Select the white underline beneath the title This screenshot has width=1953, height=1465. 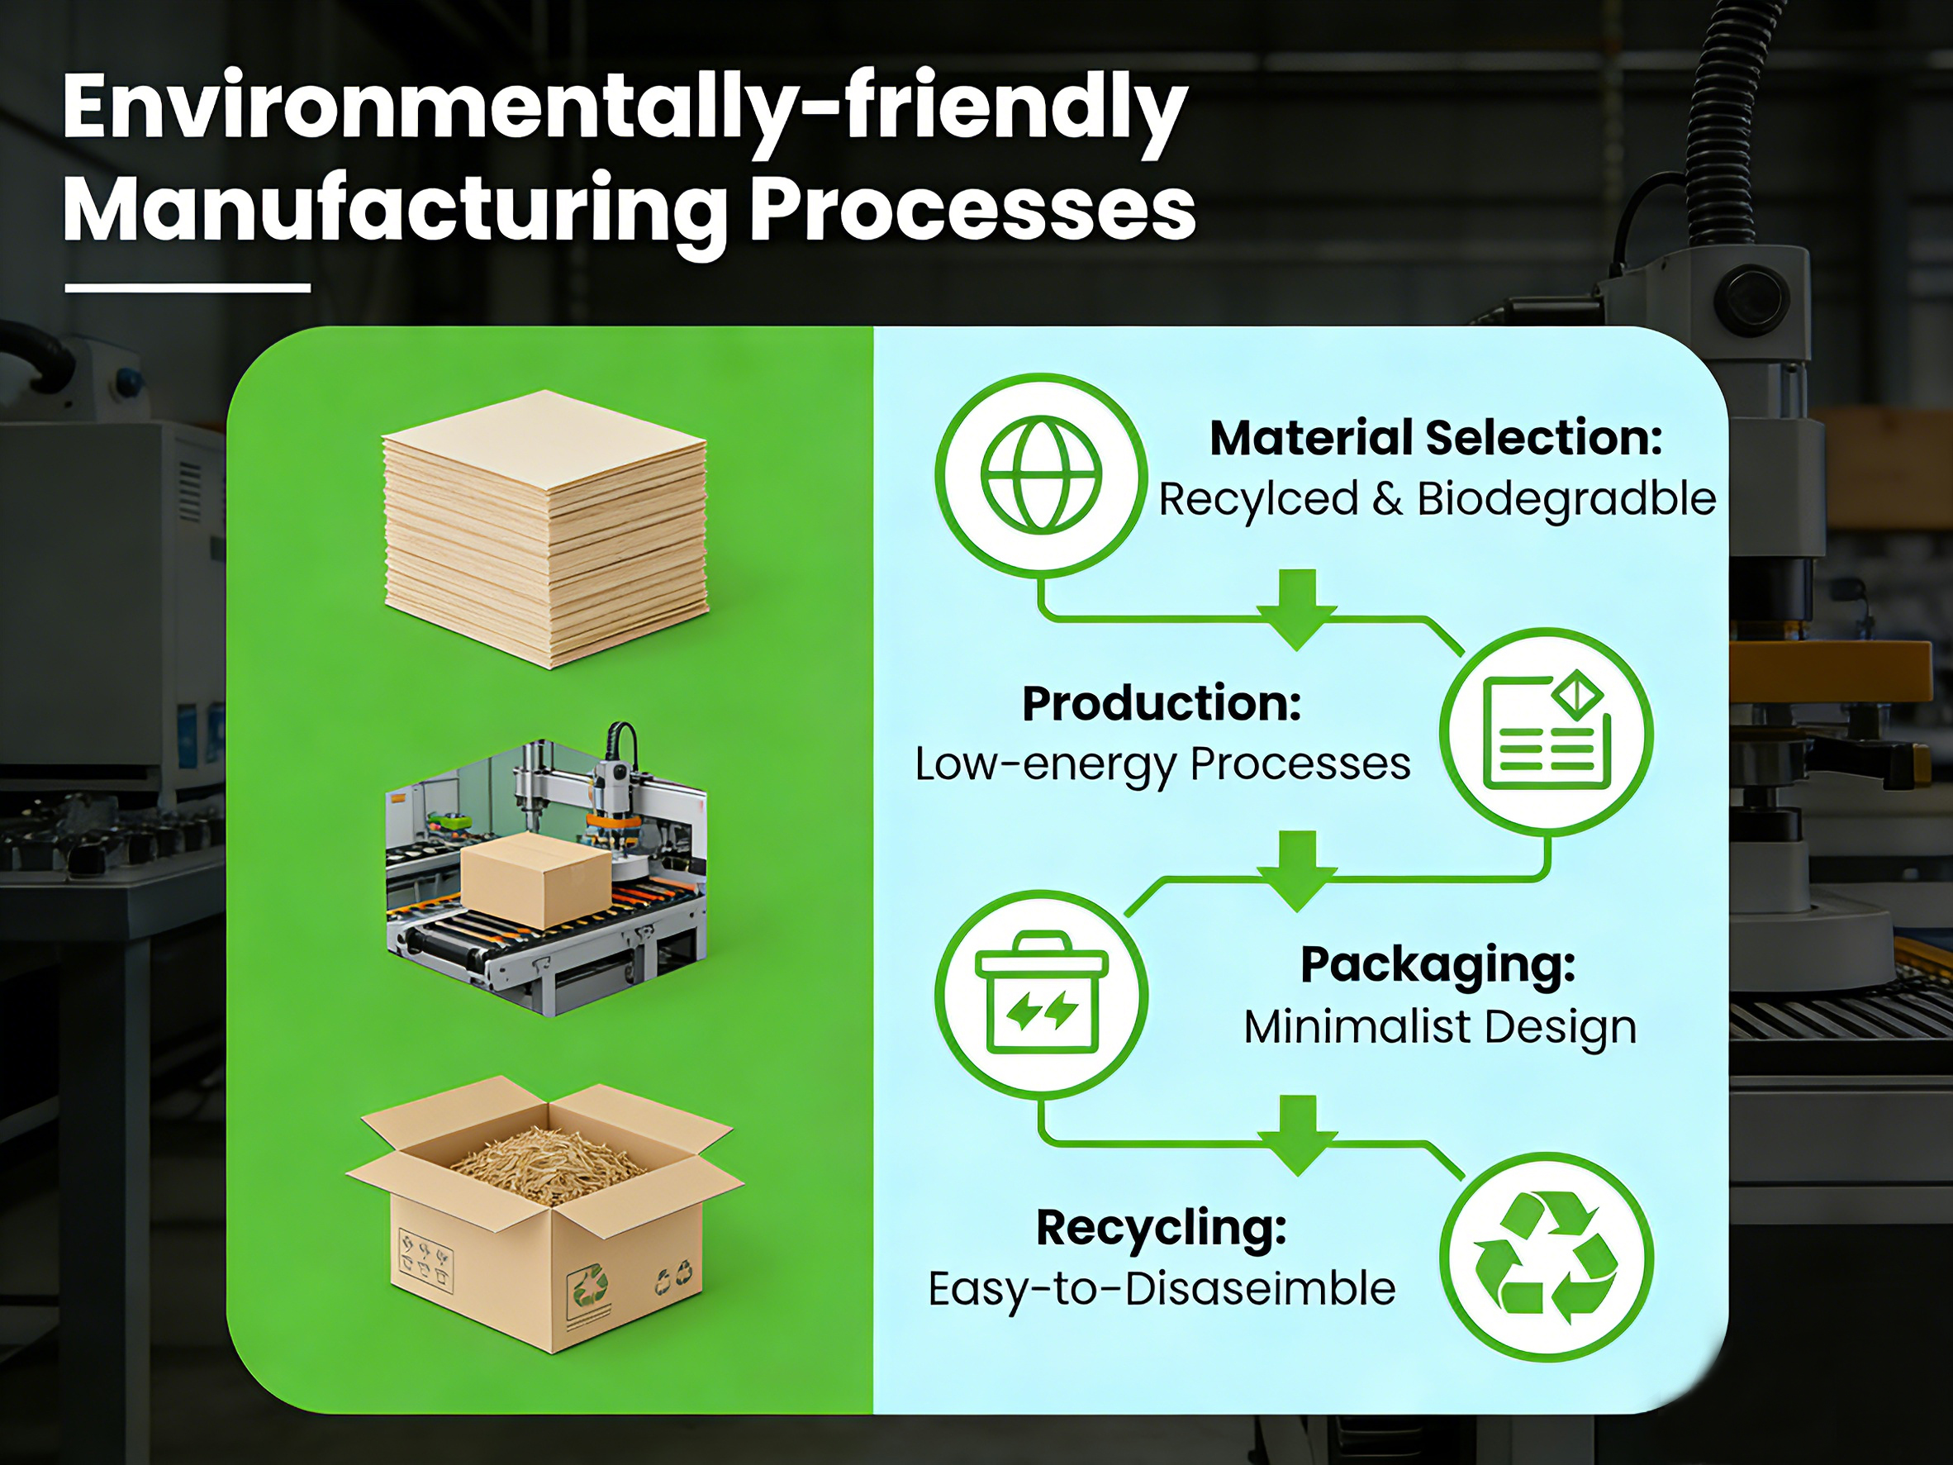coord(188,288)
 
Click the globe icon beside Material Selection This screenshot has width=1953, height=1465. coord(1041,475)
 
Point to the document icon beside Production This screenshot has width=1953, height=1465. coord(1547,730)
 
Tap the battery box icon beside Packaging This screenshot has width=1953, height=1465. coord(1041,992)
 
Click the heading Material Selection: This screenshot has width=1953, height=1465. coord(1437,438)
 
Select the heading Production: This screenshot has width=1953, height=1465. coord(1162,704)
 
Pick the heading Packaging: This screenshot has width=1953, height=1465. coord(1438,964)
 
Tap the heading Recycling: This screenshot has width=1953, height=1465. coord(1162,1228)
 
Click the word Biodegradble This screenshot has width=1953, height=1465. coord(1567,499)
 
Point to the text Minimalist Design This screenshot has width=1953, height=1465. coord(1440,1027)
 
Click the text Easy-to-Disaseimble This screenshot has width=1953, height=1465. coord(1162,1288)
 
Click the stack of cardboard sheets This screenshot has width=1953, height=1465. coord(545,528)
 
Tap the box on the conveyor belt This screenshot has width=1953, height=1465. coord(536,881)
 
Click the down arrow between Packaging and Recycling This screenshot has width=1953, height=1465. coord(1297,1134)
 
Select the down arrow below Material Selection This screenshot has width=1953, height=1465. coord(1296,609)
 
